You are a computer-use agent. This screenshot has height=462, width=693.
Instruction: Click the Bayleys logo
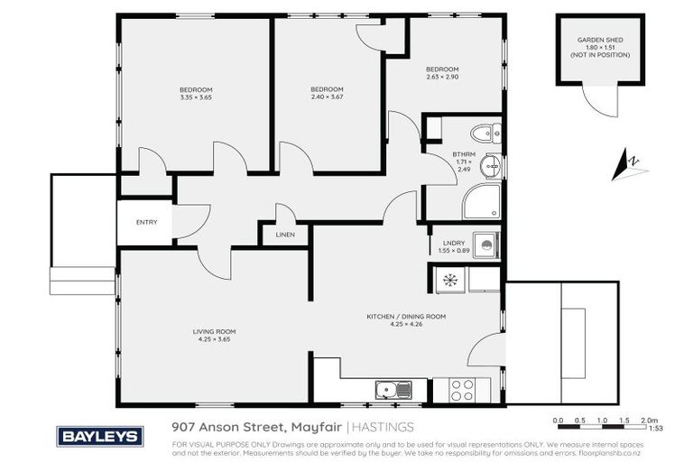[100, 437]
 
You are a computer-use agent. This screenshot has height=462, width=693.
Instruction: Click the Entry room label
[145, 222]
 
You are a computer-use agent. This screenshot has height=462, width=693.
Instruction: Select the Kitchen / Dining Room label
[406, 317]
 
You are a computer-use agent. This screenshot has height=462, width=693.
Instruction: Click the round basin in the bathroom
[489, 166]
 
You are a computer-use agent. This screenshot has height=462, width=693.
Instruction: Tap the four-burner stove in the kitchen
[462, 389]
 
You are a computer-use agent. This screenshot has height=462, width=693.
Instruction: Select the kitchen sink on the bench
[393, 390]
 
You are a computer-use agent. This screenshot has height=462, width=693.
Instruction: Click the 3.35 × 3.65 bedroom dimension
[196, 97]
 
